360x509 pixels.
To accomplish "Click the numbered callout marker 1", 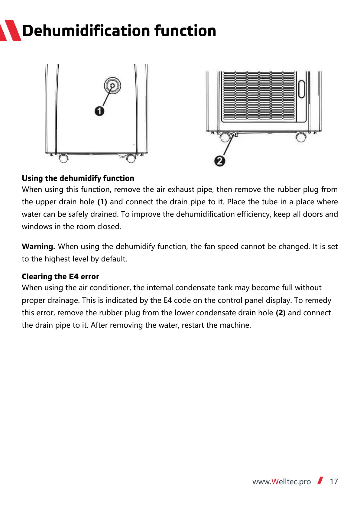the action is (x=99, y=111).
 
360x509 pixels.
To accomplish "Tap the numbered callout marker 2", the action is (x=219, y=161).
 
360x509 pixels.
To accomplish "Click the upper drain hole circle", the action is (x=112, y=86).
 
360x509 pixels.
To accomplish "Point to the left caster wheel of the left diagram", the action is (x=63, y=158).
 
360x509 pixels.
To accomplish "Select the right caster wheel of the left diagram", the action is (x=131, y=158).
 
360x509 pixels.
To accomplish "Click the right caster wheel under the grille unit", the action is (x=301, y=137).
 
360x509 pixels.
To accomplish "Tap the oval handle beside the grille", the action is (x=301, y=89).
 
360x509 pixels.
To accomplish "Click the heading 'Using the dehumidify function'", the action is (x=78, y=178).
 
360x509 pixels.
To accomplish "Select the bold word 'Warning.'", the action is (x=38, y=247).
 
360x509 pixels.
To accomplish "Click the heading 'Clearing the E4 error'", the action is (x=60, y=277).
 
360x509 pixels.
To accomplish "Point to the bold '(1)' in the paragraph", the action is (x=102, y=202).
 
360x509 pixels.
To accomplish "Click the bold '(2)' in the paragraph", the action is (x=281, y=313).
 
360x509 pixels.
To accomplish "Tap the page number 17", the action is (x=334, y=481).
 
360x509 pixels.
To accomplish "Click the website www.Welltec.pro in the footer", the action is (x=282, y=481).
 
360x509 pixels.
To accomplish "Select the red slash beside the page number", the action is (x=320, y=480).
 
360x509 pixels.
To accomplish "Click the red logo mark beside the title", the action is (x=10, y=31).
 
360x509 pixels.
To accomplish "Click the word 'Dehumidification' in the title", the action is (x=86, y=31).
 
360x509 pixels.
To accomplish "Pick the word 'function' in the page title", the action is (x=185, y=31).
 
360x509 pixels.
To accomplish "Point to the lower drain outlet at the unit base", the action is (x=233, y=135).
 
